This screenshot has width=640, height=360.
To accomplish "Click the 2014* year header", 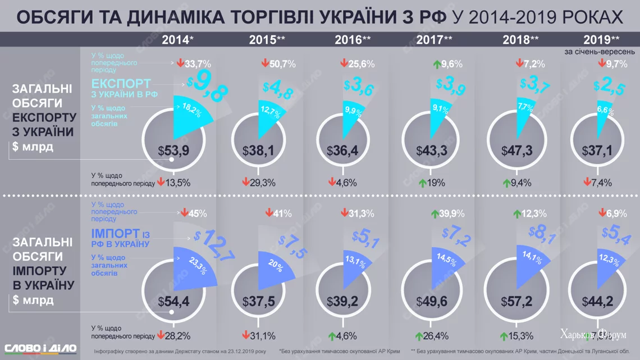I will pos(178,39).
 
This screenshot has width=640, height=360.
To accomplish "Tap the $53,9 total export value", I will pos(173,151).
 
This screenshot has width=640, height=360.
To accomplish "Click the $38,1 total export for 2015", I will pos(258,151).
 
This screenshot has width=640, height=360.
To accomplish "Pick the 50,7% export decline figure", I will pos(282,64).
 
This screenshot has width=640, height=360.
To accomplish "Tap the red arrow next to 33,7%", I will pos(181,63).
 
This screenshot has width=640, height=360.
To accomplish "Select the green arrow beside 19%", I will pos(422,183).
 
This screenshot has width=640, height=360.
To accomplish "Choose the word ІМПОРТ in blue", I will pos(115,233).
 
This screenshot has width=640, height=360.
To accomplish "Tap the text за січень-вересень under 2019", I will pos(600,51).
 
